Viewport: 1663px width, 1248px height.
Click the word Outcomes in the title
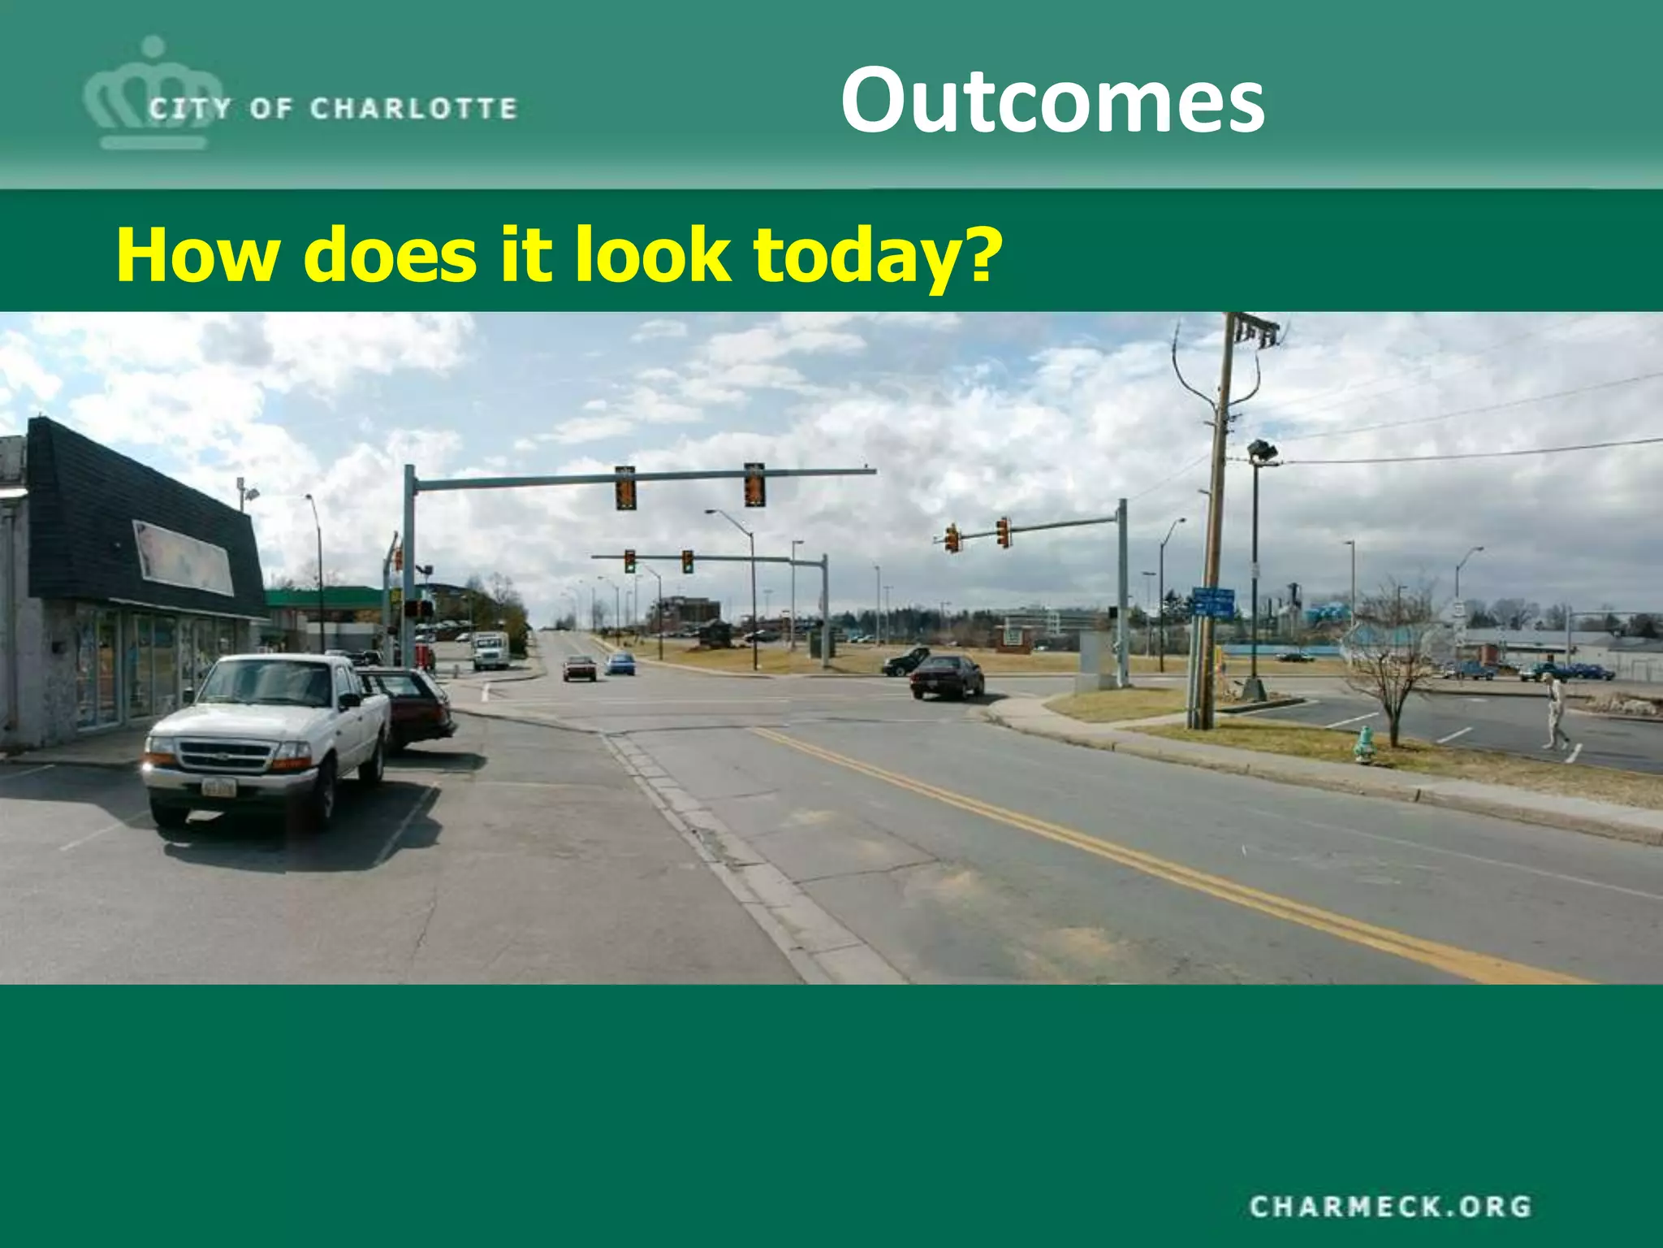pyautogui.click(x=1052, y=101)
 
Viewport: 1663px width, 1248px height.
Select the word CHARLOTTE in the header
pyautogui.click(x=413, y=109)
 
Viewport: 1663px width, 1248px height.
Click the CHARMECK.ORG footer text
pyautogui.click(x=1390, y=1206)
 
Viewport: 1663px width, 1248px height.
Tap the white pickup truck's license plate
pyautogui.click(x=219, y=786)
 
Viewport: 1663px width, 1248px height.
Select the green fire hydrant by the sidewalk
pyautogui.click(x=1365, y=744)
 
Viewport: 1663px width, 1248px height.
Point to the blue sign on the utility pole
pyautogui.click(x=1213, y=603)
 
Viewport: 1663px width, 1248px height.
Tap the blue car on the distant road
pyautogui.click(x=620, y=664)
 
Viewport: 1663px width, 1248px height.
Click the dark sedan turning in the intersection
pyautogui.click(x=947, y=676)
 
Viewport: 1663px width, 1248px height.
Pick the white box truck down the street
pyautogui.click(x=490, y=650)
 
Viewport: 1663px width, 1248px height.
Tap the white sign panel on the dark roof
pyautogui.click(x=184, y=558)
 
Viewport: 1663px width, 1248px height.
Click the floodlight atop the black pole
pyautogui.click(x=1262, y=449)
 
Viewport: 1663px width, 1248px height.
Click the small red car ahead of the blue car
pyautogui.click(x=580, y=668)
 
